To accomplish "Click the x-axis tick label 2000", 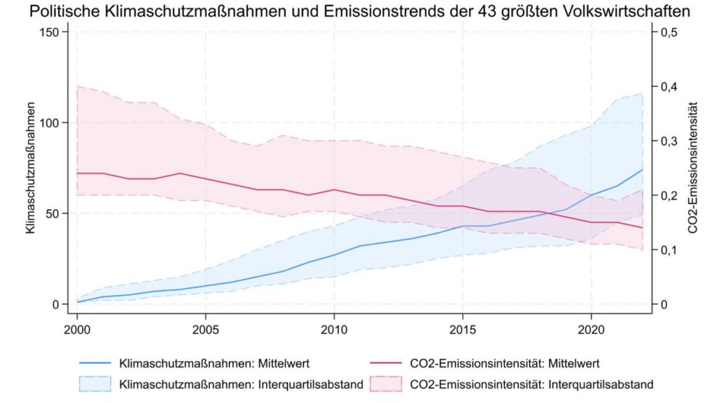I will tap(76, 330).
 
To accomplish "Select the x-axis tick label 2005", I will tap(205, 330).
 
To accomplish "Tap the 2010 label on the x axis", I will tap(334, 330).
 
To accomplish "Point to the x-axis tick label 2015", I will tap(462, 330).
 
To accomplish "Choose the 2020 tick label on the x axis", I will tap(591, 330).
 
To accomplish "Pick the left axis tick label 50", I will tap(53, 213).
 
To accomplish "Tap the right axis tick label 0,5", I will tap(669, 32).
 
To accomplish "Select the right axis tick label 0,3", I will tap(669, 141).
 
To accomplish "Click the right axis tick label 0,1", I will tap(669, 250).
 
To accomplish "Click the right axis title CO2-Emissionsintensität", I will tap(693, 168).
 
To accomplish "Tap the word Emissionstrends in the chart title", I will tap(361, 12).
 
